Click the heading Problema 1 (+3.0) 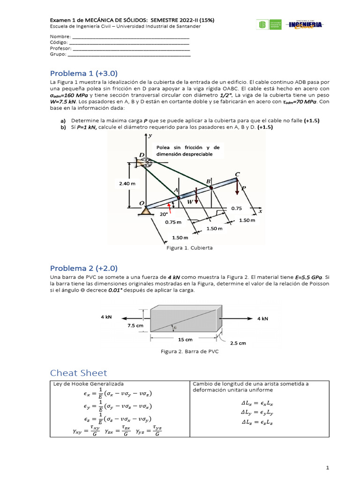coord(83,73)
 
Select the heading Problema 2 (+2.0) coord(83,268)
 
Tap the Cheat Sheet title coord(78,373)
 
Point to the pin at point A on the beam coord(178,198)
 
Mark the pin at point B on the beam coord(211,187)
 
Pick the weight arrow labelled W coord(197,197)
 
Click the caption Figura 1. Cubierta coord(190,248)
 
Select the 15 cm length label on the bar coord(184,339)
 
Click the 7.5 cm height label coord(135,325)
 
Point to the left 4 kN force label coord(106,317)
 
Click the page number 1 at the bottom coord(328,468)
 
